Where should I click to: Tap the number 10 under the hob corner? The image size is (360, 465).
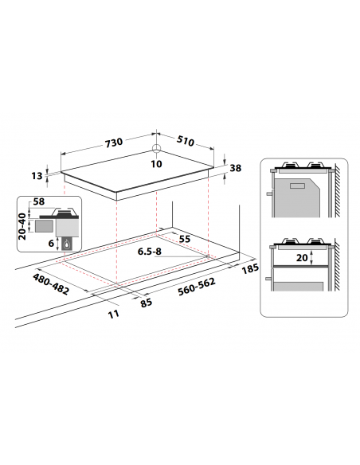[156, 164]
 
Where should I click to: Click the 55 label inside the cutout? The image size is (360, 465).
[185, 239]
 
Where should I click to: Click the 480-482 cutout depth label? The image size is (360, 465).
[51, 283]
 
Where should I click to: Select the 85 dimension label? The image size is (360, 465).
[146, 303]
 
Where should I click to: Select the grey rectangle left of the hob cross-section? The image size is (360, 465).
[38, 229]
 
